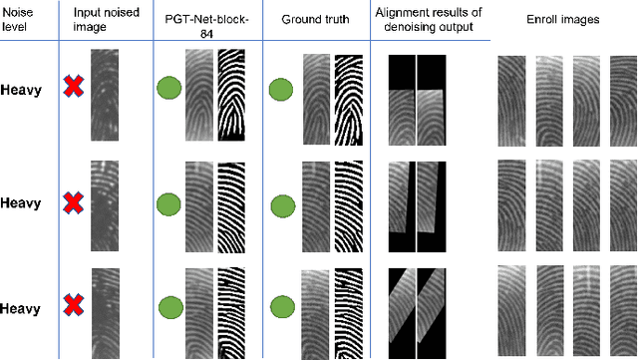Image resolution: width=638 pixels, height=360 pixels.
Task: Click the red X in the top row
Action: click(x=73, y=90)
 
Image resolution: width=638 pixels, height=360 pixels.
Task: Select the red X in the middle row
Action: click(x=73, y=203)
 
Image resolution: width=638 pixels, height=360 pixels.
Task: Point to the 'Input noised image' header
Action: click(x=102, y=19)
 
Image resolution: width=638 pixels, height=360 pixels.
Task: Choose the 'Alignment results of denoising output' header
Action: click(x=428, y=19)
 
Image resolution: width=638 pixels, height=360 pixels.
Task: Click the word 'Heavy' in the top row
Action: click(x=21, y=90)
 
